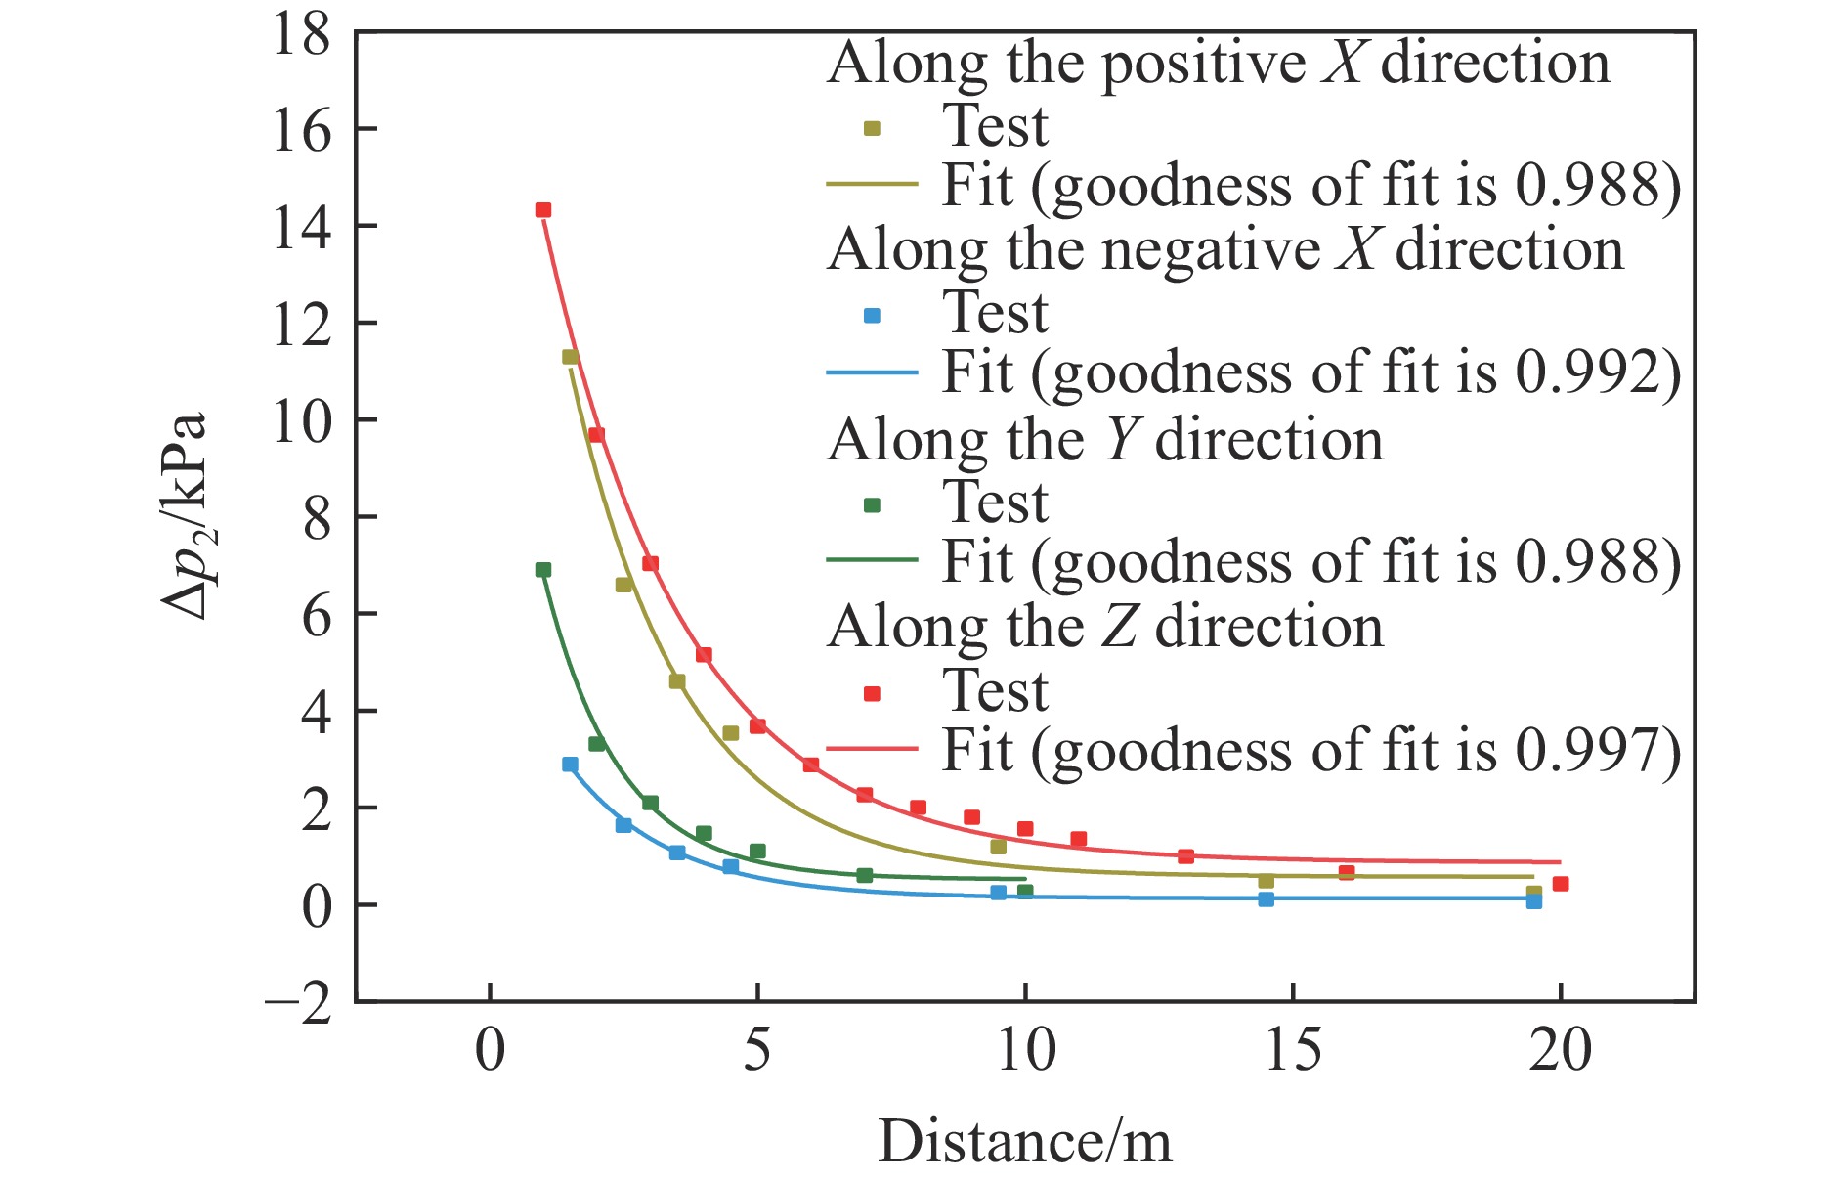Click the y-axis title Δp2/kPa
point(186,516)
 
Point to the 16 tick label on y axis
point(301,130)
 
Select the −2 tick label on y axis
point(298,1002)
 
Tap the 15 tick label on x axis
point(1292,1052)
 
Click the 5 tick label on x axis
point(756,1052)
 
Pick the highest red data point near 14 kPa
point(543,210)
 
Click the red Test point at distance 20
point(1561,884)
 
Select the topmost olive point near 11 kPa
point(570,357)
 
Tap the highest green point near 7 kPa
point(543,570)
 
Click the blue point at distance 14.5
point(1266,899)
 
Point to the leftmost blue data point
point(570,765)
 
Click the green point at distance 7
point(864,875)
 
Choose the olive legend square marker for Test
point(873,128)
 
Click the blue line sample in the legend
point(872,372)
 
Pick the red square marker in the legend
point(873,693)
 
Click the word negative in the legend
point(1211,250)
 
